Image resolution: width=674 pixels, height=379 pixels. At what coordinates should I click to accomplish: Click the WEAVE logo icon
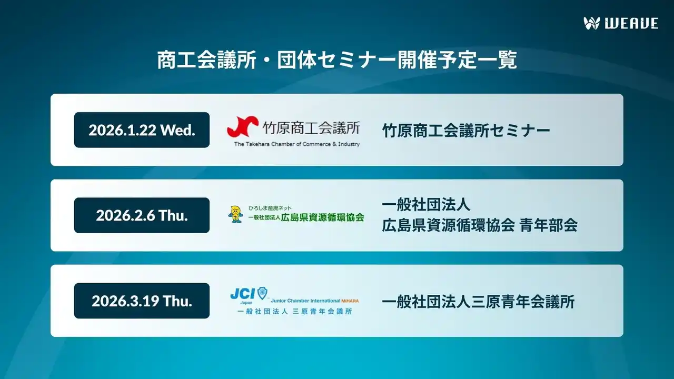(592, 23)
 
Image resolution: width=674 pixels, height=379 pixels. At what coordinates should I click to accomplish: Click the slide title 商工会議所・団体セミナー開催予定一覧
(337, 60)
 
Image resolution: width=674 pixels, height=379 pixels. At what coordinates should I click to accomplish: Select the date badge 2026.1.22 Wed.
(142, 130)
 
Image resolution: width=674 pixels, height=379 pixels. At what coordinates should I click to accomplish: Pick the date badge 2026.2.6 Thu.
(142, 215)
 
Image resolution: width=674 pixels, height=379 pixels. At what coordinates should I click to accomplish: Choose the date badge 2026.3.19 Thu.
(142, 301)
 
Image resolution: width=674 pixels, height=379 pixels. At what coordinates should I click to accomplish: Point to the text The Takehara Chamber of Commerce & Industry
(297, 144)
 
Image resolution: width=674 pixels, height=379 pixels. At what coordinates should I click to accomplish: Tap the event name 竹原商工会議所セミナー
(466, 130)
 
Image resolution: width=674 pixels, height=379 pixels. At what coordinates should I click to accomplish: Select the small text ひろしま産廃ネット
(270, 208)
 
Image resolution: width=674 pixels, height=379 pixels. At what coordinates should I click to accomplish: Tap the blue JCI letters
(242, 293)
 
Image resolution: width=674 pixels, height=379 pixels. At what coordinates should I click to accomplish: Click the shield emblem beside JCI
(262, 293)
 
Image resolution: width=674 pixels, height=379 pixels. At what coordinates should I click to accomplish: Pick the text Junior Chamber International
(305, 301)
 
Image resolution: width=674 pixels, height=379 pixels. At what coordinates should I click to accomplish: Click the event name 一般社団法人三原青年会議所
(478, 302)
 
